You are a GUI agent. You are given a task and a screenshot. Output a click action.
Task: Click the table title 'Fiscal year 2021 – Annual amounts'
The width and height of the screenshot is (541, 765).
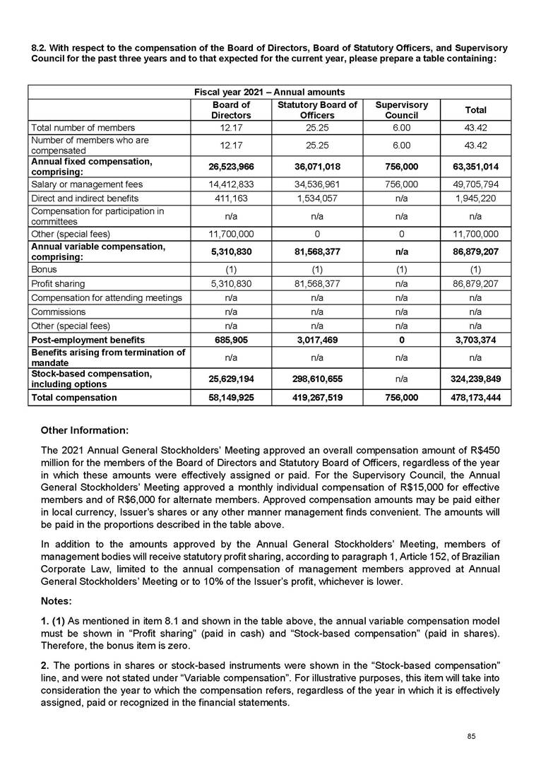point(269,92)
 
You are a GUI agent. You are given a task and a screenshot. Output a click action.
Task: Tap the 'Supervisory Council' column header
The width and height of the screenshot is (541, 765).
point(401,110)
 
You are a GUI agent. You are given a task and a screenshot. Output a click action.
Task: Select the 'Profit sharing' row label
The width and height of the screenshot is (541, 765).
point(57,283)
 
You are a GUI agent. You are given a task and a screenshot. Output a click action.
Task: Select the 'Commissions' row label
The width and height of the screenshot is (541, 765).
point(57,312)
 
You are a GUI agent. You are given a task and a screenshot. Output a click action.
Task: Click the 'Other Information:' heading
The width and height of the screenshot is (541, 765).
point(85,429)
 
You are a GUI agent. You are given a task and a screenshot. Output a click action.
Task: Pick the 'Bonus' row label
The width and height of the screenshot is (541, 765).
point(43,269)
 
